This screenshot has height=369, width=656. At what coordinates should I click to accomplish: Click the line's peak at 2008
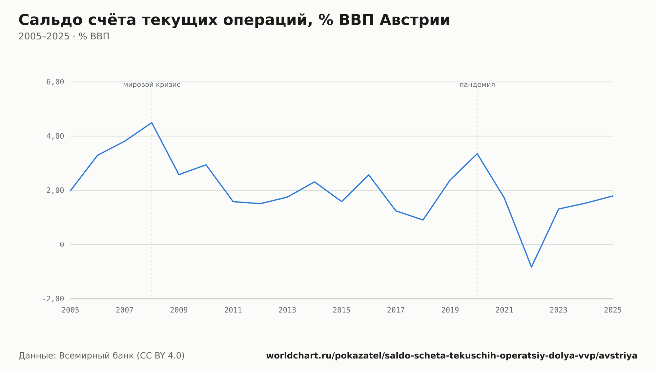click(152, 122)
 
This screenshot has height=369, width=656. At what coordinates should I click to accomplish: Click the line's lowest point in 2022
click(531, 267)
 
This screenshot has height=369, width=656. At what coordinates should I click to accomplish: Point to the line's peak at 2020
click(477, 153)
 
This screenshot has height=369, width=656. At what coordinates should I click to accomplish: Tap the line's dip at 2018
click(423, 220)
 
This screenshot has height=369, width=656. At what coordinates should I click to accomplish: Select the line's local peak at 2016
click(369, 175)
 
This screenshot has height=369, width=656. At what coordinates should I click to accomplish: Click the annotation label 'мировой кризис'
click(152, 85)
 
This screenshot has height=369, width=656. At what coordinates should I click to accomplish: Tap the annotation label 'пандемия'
click(477, 85)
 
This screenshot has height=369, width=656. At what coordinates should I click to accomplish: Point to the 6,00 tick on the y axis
click(55, 82)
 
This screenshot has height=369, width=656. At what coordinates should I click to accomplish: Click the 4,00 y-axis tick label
click(55, 136)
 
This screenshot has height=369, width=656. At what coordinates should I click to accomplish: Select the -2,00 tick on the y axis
click(53, 299)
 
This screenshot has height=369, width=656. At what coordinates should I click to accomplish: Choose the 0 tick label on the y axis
click(62, 245)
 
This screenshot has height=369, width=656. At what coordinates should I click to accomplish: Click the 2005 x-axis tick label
click(71, 310)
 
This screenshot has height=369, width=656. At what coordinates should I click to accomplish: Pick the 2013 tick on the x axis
click(287, 310)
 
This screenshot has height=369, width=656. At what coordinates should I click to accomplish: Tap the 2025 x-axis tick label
click(613, 310)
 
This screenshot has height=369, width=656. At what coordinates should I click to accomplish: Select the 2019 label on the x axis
click(450, 310)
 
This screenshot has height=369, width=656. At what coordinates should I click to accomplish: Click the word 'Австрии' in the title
click(415, 20)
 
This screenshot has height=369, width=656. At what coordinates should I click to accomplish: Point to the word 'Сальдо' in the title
click(51, 20)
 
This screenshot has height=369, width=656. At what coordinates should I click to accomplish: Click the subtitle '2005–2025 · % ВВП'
click(64, 36)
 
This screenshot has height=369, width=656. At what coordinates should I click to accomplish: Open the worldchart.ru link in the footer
click(452, 356)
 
